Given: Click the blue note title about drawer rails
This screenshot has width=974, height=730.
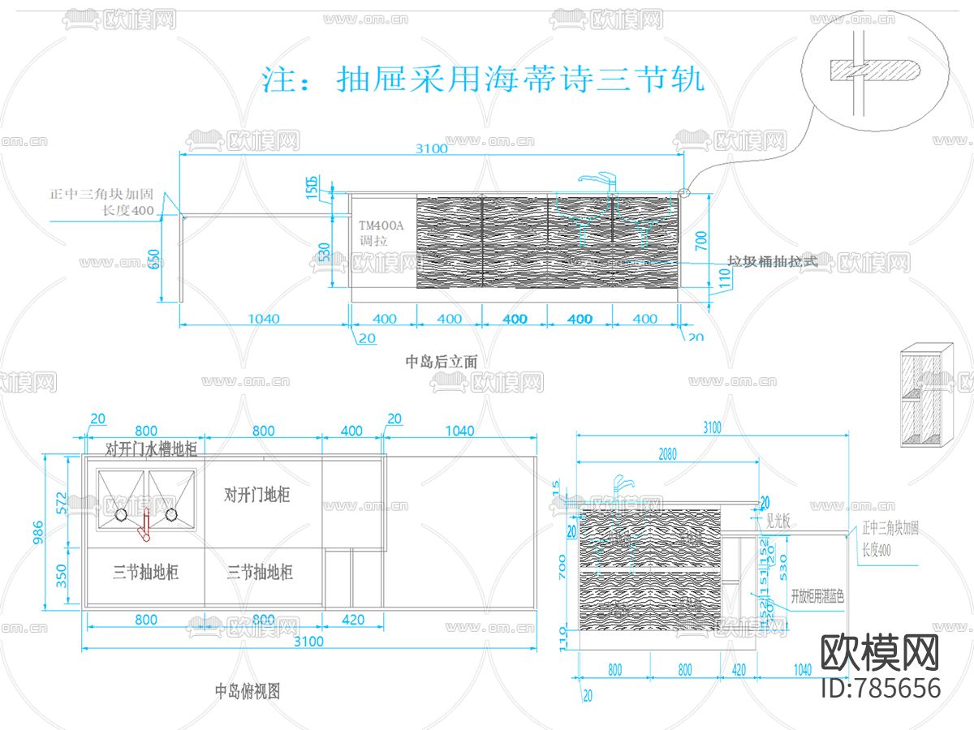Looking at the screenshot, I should [x=483, y=79].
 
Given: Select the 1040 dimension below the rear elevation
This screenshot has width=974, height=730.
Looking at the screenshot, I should [x=263, y=319].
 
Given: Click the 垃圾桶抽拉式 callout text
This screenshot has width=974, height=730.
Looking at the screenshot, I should [x=770, y=261].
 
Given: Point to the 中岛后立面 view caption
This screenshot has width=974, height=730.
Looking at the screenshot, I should [x=442, y=362].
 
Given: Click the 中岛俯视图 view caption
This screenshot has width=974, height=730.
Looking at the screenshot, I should [x=248, y=692].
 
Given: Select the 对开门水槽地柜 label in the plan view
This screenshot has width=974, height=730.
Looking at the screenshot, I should [x=151, y=449].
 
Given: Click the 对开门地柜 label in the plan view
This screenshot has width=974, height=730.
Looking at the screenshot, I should [x=257, y=495].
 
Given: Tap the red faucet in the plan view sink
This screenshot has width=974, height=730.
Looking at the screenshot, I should [x=146, y=525].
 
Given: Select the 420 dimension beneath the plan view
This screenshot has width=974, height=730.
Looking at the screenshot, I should [x=352, y=620].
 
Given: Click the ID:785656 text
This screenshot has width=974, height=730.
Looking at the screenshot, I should [x=881, y=688].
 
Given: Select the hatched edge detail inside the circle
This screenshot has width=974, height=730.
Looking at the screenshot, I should [x=873, y=71].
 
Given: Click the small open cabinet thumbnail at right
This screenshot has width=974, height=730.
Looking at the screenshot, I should [x=926, y=396].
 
